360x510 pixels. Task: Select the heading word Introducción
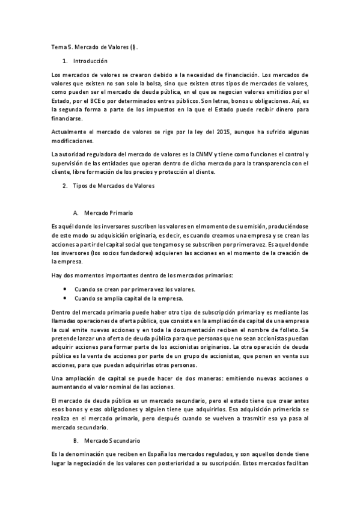pyautogui.click(x=90, y=61)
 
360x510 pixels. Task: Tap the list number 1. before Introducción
pyautogui.click(x=65, y=61)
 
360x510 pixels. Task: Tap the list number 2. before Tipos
pyautogui.click(x=65, y=186)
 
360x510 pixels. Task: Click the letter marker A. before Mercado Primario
pyautogui.click(x=76, y=214)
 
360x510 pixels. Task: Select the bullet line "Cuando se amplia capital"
pyautogui.click(x=129, y=298)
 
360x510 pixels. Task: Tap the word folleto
pyautogui.click(x=290, y=331)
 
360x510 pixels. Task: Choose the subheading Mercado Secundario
pyautogui.click(x=112, y=441)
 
